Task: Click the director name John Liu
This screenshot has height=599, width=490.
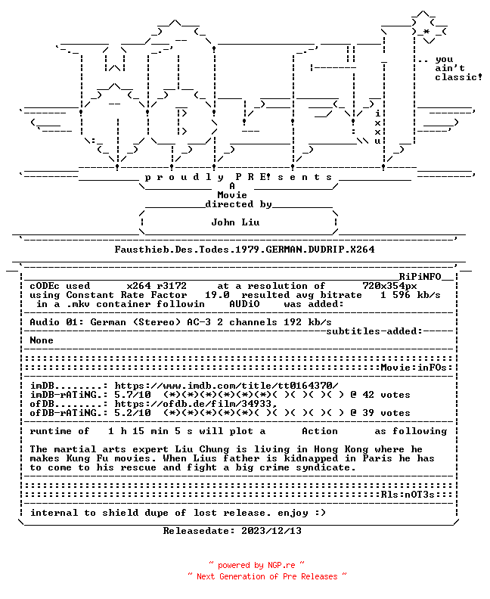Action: pos(235,222)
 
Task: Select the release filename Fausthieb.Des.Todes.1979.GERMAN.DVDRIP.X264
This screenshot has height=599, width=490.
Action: pos(244,250)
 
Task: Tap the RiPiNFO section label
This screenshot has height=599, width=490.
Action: pos(420,277)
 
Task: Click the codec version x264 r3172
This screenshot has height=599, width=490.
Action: pos(157,286)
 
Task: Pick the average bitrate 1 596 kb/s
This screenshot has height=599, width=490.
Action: pos(410,295)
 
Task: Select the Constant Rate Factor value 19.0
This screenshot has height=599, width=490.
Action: pos(217,295)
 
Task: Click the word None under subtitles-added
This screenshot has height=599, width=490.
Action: pos(42,340)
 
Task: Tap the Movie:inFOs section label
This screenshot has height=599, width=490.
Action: pos(414,368)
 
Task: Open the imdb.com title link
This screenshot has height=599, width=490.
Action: pos(227,386)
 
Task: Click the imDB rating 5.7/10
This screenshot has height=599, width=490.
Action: pos(132,395)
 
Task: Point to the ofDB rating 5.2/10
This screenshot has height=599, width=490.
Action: pos(132,413)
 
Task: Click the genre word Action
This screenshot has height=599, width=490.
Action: pos(320,431)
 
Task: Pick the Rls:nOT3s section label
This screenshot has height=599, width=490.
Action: pos(408,495)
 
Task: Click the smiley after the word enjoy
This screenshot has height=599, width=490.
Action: pos(320,513)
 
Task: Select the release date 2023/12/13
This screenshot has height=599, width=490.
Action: pos(271,531)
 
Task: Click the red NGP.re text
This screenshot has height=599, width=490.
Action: pos(281,566)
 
